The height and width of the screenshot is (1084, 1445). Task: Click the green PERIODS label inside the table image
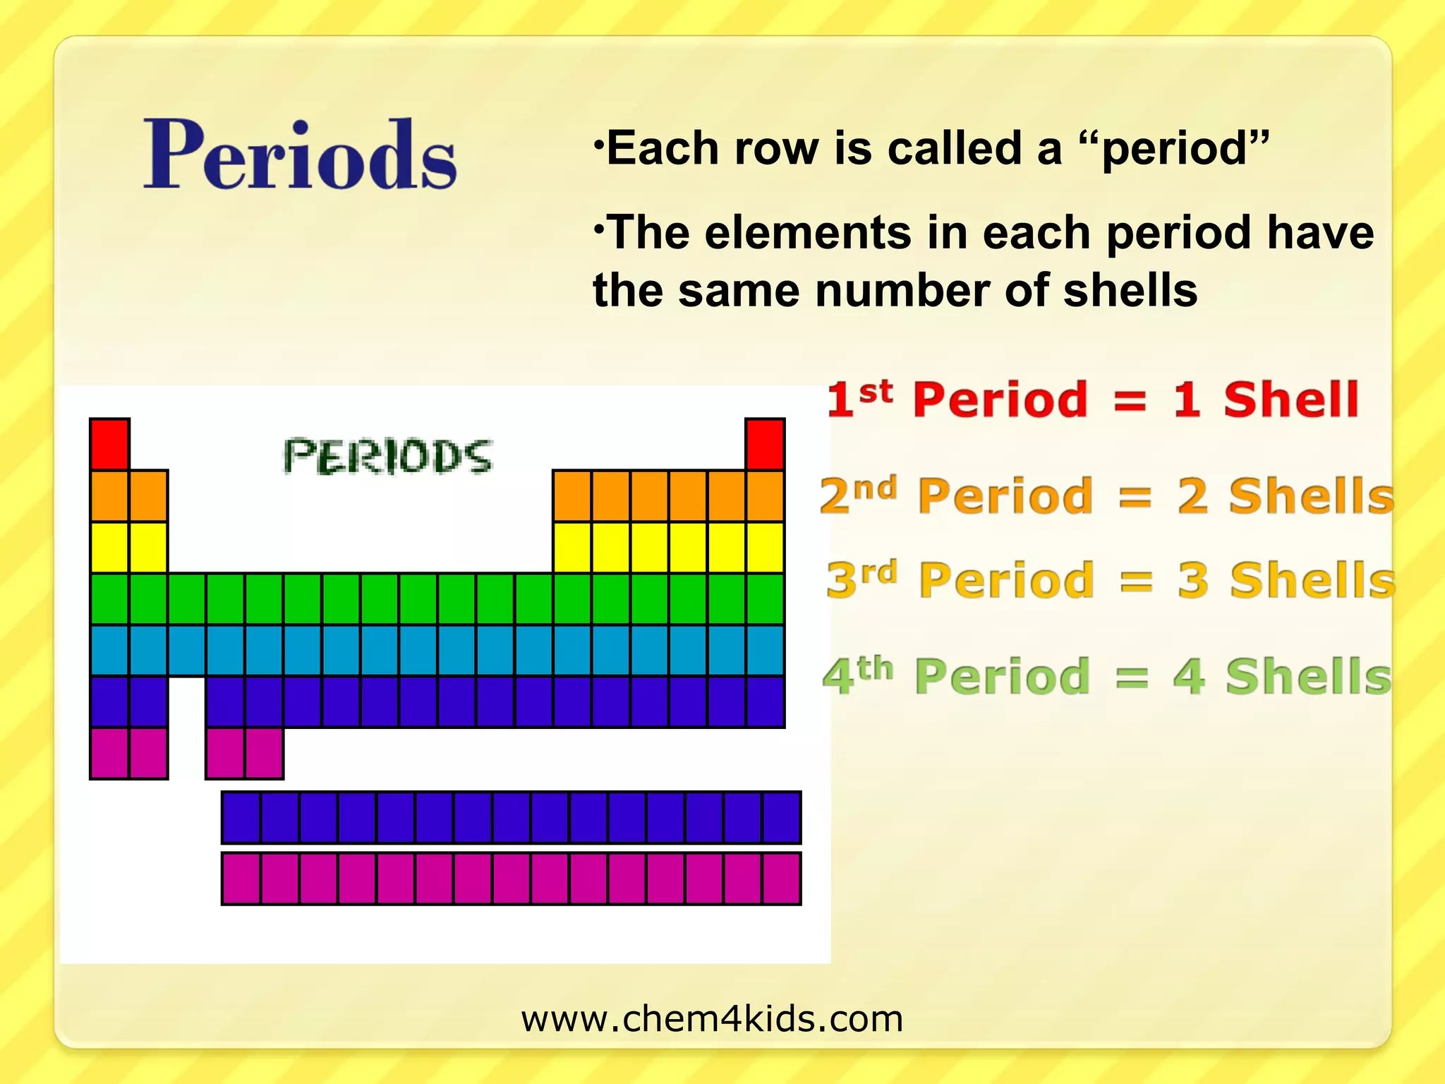pos(387,457)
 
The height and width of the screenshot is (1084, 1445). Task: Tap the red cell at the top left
pos(109,444)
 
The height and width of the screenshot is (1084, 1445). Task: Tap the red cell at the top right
pos(765,444)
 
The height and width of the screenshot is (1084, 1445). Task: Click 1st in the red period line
pos(859,398)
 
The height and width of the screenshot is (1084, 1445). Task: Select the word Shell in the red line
pos(1290,399)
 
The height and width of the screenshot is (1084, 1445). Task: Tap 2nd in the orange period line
pos(858,495)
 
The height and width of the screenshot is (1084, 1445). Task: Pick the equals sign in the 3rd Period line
pos(1136,581)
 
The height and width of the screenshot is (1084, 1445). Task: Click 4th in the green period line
pos(858,675)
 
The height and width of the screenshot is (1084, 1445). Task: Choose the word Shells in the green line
pos(1308,676)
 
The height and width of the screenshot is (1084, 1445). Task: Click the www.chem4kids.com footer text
pos(712,1019)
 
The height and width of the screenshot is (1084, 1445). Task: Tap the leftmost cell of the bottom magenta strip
pos(241,879)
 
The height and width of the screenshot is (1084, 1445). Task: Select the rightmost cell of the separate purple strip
pos(782,818)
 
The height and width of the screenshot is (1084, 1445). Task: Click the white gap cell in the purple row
pos(186,701)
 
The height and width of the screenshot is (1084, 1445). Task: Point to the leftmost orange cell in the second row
pos(109,496)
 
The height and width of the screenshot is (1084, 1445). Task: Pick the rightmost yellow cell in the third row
pos(765,548)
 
